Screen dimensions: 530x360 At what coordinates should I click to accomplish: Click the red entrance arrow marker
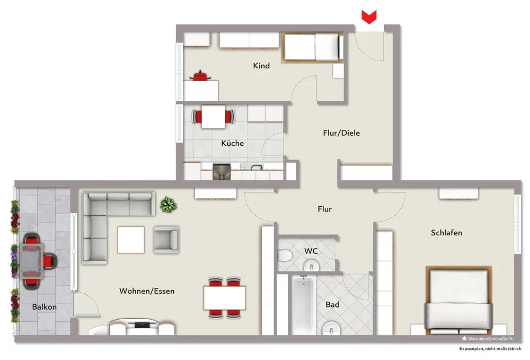point(369,17)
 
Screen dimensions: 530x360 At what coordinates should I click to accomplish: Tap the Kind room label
point(261,66)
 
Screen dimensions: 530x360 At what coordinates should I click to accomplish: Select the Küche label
point(233,143)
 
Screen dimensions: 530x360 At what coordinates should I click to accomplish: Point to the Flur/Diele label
point(341,133)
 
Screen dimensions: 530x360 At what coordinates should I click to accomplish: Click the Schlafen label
point(446,233)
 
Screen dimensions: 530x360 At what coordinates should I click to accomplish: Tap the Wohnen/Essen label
point(147,291)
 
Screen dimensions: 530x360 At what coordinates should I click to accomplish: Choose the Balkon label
point(45,307)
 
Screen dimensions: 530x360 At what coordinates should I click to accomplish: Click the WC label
point(311,251)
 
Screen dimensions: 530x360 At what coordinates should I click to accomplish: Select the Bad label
point(333,304)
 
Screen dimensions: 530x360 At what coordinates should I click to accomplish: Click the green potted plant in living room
point(169,205)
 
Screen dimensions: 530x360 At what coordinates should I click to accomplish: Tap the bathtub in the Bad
point(303,304)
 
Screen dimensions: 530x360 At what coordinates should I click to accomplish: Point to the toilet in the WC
point(285,256)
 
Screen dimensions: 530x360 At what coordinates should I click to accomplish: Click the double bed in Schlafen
point(458,300)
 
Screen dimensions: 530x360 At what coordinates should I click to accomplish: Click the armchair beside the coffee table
point(166,240)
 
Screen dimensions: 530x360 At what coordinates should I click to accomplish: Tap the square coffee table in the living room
point(131,240)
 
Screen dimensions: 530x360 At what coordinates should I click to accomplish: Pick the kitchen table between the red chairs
point(213,117)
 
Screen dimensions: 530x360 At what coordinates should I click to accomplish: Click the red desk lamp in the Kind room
point(200,75)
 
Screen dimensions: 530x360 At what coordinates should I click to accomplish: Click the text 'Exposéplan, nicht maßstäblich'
point(490,348)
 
